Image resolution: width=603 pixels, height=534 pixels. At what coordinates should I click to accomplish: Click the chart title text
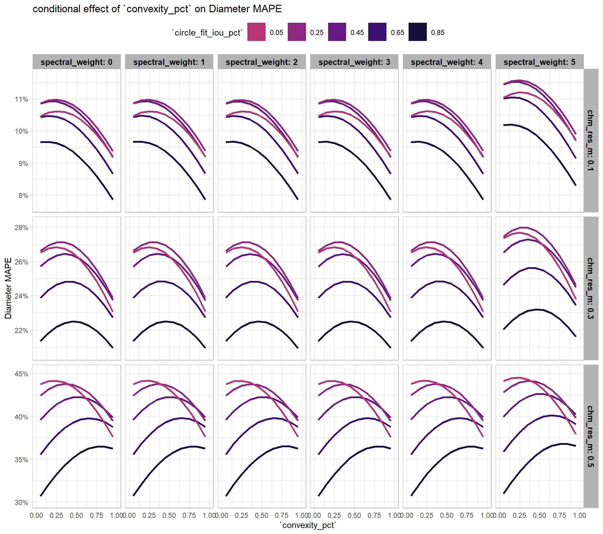[x=157, y=9]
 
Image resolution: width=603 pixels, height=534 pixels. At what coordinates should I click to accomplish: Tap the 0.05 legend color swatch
[x=256, y=32]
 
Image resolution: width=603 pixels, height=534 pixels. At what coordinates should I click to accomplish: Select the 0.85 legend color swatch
[x=418, y=32]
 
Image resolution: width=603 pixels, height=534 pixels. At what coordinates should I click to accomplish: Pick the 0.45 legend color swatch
[x=337, y=32]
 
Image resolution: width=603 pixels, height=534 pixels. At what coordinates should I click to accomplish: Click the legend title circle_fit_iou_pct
[x=207, y=33]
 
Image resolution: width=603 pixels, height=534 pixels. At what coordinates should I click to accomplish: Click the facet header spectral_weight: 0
[x=77, y=62]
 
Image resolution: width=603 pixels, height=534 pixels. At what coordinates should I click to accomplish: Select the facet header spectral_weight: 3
[x=354, y=62]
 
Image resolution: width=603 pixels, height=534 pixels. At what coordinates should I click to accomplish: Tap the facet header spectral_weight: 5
[x=539, y=62]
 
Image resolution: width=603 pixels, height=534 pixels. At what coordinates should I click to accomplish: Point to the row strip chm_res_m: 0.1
[x=590, y=140]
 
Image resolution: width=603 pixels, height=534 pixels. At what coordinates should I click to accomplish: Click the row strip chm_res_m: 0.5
[x=590, y=436]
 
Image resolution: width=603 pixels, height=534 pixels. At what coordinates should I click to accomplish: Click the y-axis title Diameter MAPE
[x=8, y=288]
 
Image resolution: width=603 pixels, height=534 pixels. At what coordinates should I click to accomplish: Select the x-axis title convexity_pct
[x=308, y=525]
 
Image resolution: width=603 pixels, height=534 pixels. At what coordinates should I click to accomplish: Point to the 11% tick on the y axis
[x=22, y=99]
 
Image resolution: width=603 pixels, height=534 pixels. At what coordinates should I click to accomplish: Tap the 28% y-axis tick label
[x=22, y=228]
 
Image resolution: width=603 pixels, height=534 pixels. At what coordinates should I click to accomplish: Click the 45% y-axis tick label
[x=22, y=374]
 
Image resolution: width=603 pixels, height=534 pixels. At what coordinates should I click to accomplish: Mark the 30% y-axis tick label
[x=22, y=503]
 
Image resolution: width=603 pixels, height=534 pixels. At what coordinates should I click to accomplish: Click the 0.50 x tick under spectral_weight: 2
[x=261, y=515]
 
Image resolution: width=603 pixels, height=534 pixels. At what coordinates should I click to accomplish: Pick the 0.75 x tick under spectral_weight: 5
[x=559, y=515]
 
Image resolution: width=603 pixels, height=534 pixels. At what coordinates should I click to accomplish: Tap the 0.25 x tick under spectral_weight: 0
[x=56, y=515]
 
